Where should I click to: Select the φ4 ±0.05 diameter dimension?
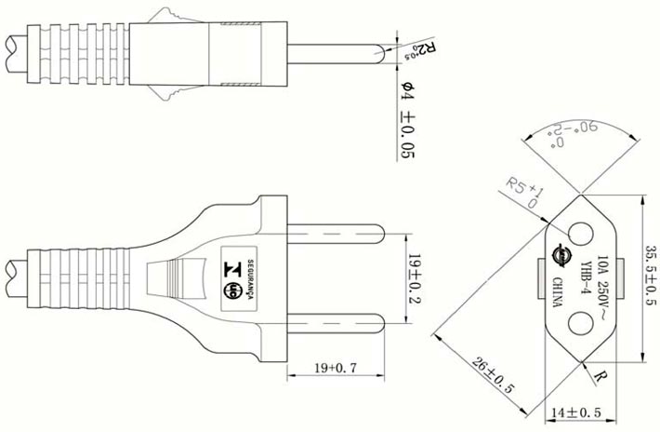coord(406,120)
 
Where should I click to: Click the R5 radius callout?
coord(523,190)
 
